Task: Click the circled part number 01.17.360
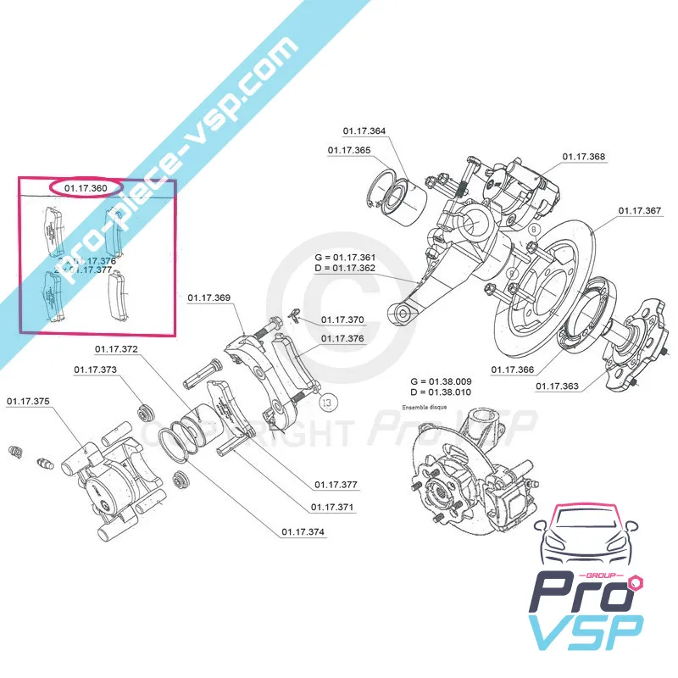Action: click(86, 186)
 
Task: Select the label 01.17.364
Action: click(364, 131)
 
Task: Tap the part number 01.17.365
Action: click(349, 150)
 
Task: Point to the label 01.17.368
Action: click(585, 157)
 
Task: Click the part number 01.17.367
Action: click(640, 210)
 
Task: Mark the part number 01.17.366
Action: click(514, 369)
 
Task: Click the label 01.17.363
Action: click(558, 386)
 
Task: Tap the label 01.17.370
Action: click(342, 320)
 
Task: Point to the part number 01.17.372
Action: click(116, 348)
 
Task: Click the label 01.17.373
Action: click(95, 370)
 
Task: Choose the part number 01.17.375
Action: click(28, 401)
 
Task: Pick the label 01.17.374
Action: click(303, 532)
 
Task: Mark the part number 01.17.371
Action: click(332, 507)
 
